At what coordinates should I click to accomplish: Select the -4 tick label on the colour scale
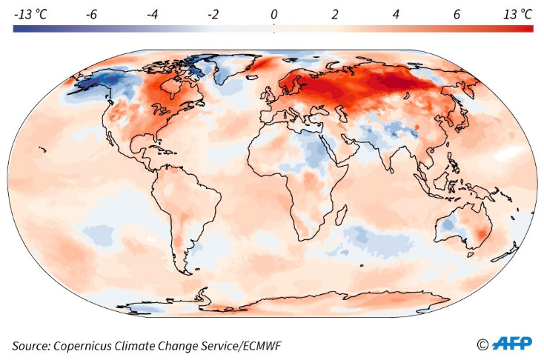tap(151, 14)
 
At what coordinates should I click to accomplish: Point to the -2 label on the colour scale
tap(212, 14)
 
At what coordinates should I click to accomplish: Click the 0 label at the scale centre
tap(273, 14)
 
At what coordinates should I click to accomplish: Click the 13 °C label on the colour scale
tap(517, 14)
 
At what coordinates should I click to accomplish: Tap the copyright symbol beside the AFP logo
tap(483, 344)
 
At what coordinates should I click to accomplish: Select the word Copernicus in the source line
tap(93, 346)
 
